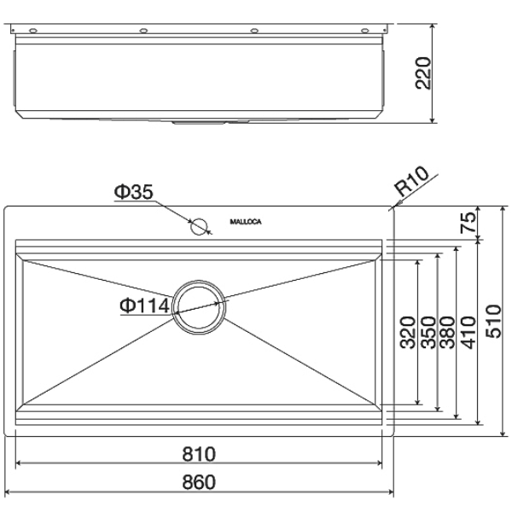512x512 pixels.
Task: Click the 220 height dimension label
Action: pos(422,73)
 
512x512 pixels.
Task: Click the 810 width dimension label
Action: pos(198,453)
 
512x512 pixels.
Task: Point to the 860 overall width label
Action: pos(198,482)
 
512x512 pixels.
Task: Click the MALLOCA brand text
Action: pos(246,223)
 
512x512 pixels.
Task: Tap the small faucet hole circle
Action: pos(200,226)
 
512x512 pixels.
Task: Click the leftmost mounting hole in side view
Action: pos(33,31)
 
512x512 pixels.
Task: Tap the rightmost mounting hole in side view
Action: pos(365,31)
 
